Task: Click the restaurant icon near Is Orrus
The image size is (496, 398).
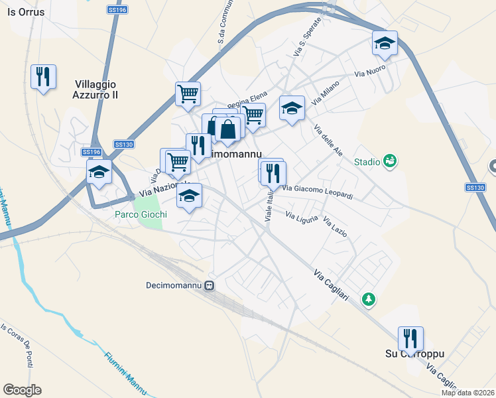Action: pos(44,77)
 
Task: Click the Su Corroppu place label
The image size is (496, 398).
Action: pos(414,354)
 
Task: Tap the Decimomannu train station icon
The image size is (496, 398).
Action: pos(209,286)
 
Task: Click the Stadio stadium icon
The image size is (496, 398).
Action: pos(390,161)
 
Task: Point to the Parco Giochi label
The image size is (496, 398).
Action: pos(141,215)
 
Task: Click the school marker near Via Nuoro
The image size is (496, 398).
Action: pos(385,44)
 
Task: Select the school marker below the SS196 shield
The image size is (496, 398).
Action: pos(99,173)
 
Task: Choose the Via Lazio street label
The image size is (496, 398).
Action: pos(335,228)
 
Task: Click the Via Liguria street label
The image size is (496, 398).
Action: pos(302,216)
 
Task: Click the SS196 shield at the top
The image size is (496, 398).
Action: pos(116,10)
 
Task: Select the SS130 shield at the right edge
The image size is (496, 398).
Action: pos(475,188)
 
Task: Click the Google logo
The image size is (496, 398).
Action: pos(23,390)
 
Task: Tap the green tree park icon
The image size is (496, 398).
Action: pos(368,300)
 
